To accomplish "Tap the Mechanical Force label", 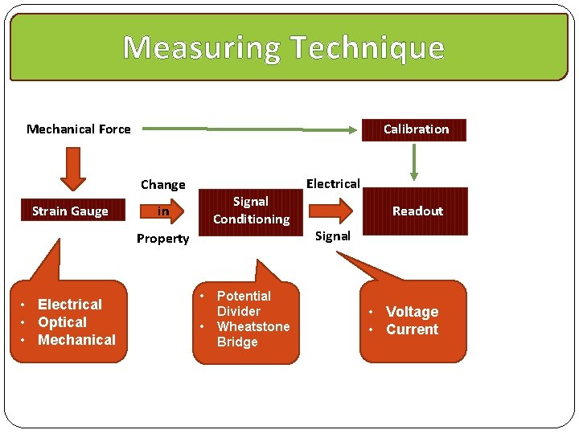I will tap(79, 129).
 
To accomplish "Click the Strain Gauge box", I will tap(70, 211).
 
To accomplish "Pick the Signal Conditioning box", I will tap(251, 211).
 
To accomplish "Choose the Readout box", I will tap(417, 211).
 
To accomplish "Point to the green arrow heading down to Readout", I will tap(414, 161).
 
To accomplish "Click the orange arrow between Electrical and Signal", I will tap(331, 211).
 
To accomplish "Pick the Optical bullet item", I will tap(62, 322).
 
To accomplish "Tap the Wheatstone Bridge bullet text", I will tap(253, 334).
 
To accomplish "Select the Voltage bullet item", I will tap(412, 312).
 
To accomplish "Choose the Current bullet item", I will tap(412, 330).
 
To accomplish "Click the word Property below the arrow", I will tap(162, 239).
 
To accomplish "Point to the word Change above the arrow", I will tap(162, 185).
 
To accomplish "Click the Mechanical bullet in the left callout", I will tap(76, 340).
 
